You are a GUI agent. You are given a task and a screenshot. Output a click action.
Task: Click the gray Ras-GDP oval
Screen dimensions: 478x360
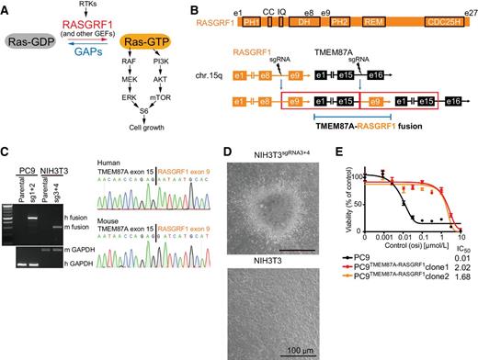click(34, 46)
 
